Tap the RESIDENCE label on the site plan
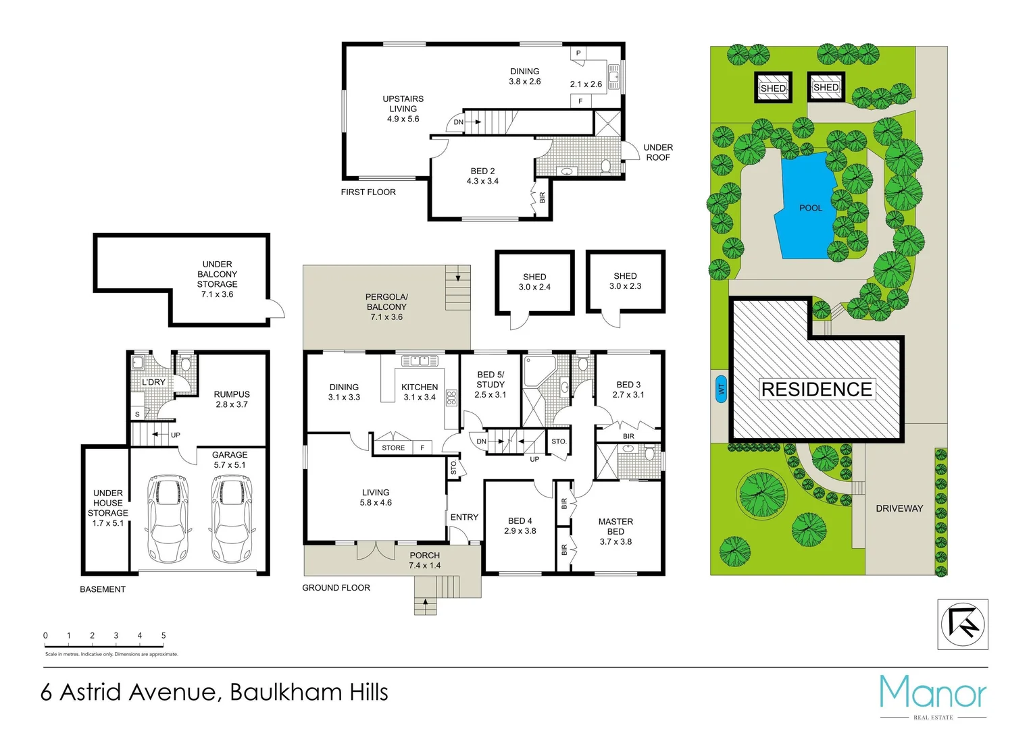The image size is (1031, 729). pos(817,389)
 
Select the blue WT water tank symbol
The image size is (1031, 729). pos(721,389)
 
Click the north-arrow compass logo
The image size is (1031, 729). pos(963,624)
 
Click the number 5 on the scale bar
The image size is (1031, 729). pos(164,636)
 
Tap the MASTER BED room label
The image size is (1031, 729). pos(615,526)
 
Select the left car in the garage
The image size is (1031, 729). pos(166,517)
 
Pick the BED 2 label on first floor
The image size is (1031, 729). pos(482,171)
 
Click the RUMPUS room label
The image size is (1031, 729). pos(232,394)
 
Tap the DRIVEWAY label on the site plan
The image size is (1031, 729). pos(899,508)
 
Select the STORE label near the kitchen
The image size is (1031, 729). pos(393,448)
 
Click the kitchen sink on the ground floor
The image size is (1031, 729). pos(420,361)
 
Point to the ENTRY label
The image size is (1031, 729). pos(464,517)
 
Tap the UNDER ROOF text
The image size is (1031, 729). pos(657,153)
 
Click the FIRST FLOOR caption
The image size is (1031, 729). pos(368,192)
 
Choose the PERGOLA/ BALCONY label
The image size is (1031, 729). pos(386,302)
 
